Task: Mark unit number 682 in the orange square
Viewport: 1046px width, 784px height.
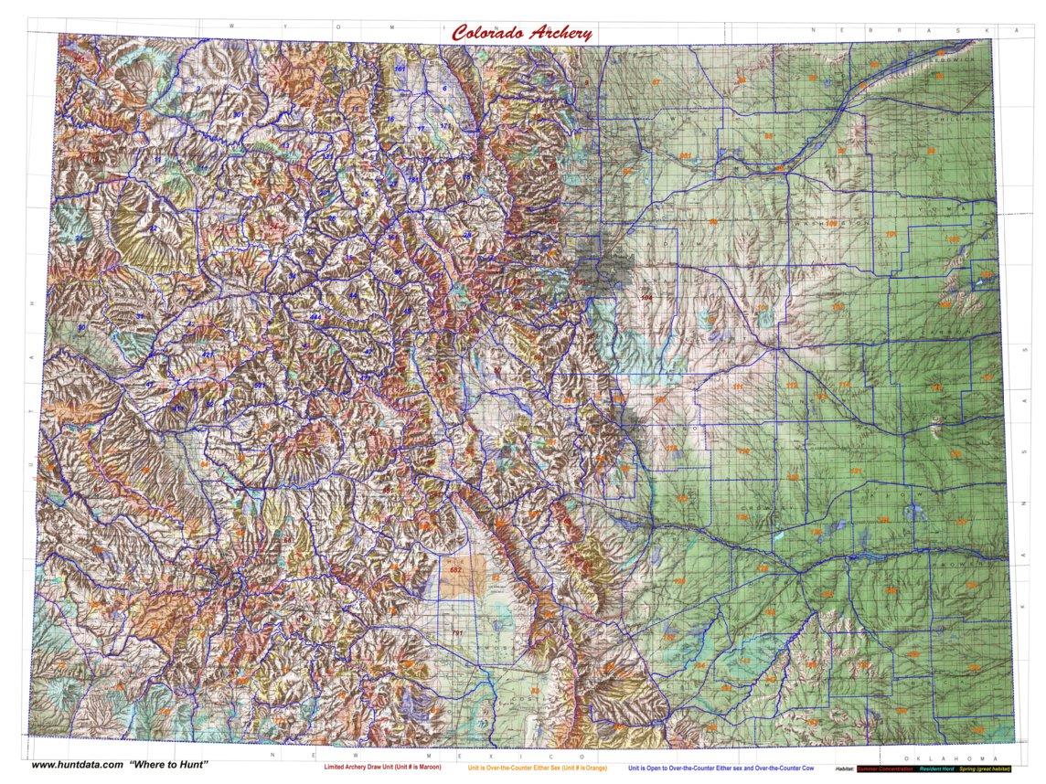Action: (x=456, y=571)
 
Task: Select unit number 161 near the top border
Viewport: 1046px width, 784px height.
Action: (x=400, y=69)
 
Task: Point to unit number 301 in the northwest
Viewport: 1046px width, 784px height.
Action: (x=238, y=115)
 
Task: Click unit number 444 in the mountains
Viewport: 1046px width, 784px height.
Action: (x=315, y=316)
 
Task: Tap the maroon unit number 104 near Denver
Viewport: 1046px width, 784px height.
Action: (x=646, y=298)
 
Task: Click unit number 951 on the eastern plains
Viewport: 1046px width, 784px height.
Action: (x=684, y=156)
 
